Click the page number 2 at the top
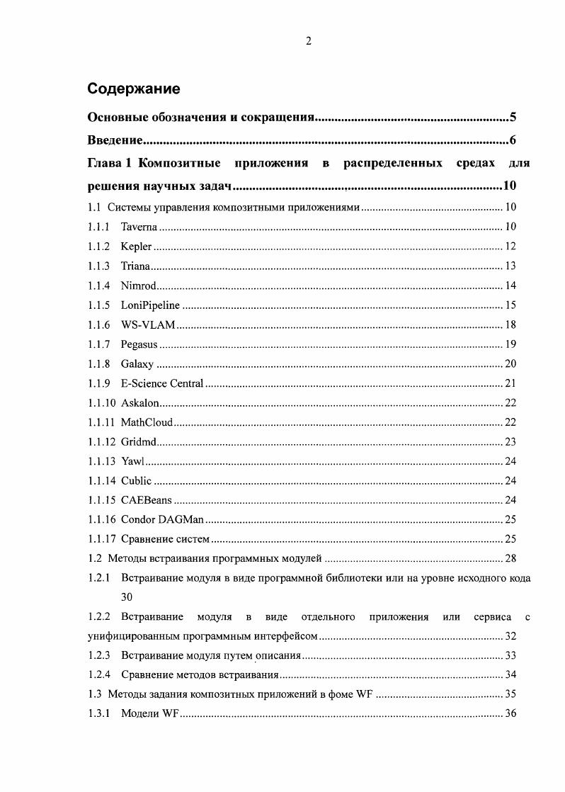(308, 41)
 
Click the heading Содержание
(133, 89)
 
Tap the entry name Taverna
(139, 227)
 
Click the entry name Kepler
(136, 247)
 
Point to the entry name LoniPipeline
(150, 305)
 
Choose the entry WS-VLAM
(147, 325)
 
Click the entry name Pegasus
(139, 345)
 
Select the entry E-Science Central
(162, 384)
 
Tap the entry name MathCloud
(147, 423)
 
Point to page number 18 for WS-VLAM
(510, 325)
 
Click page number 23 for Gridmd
(510, 442)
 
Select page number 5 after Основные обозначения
(513, 117)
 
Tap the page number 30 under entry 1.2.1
(127, 597)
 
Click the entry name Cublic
(136, 481)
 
